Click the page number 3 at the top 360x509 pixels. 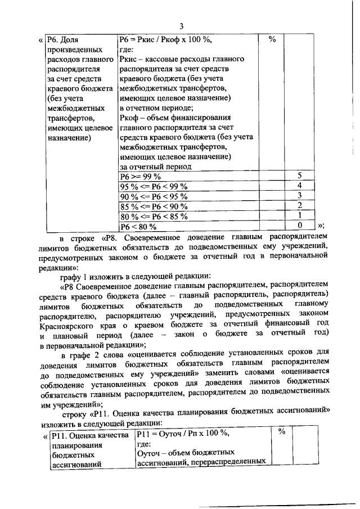pos(181,25)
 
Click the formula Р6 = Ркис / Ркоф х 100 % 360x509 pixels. pos(165,40)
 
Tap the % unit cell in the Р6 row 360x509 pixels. pos(272,40)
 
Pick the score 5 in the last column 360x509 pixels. pos(300,176)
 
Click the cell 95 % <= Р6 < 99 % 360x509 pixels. pos(154,186)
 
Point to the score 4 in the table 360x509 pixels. pos(300,186)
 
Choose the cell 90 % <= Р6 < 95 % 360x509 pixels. pos(154,196)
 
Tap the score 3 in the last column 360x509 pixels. pos(300,196)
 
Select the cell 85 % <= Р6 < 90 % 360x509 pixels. pos(154,206)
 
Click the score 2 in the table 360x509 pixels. pos(300,206)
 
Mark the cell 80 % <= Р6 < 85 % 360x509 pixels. pos(154,217)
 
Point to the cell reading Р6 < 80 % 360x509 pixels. pos(138,227)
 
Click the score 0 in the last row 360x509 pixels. pos(300,227)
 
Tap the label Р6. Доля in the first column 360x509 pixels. pos(65,40)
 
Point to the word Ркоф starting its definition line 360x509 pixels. pos(130,118)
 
